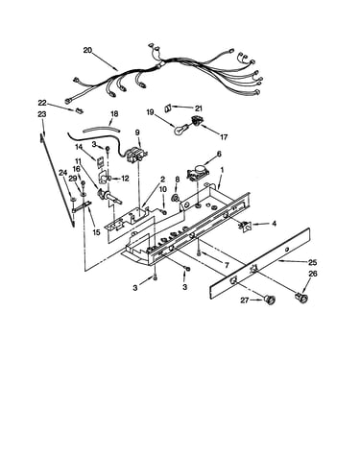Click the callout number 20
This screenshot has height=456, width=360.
point(87,50)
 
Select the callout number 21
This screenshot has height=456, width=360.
point(199,108)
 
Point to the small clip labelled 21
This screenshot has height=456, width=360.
point(168,108)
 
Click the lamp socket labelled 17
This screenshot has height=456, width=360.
point(197,121)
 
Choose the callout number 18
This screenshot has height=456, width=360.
point(114,113)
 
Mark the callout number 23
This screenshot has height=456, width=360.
point(42,114)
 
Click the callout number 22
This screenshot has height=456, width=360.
point(42,103)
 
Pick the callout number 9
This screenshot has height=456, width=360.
point(137,132)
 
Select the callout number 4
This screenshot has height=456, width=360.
point(274,224)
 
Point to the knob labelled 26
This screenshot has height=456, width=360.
point(301,299)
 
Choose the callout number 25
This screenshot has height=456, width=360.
point(312,262)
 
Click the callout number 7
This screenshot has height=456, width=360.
point(227,265)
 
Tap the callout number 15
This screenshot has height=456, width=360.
point(96,232)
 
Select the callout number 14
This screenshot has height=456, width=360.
point(79,147)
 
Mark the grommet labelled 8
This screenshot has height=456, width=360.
point(176,198)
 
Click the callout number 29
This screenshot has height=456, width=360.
point(73,179)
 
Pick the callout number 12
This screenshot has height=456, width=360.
point(125,179)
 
